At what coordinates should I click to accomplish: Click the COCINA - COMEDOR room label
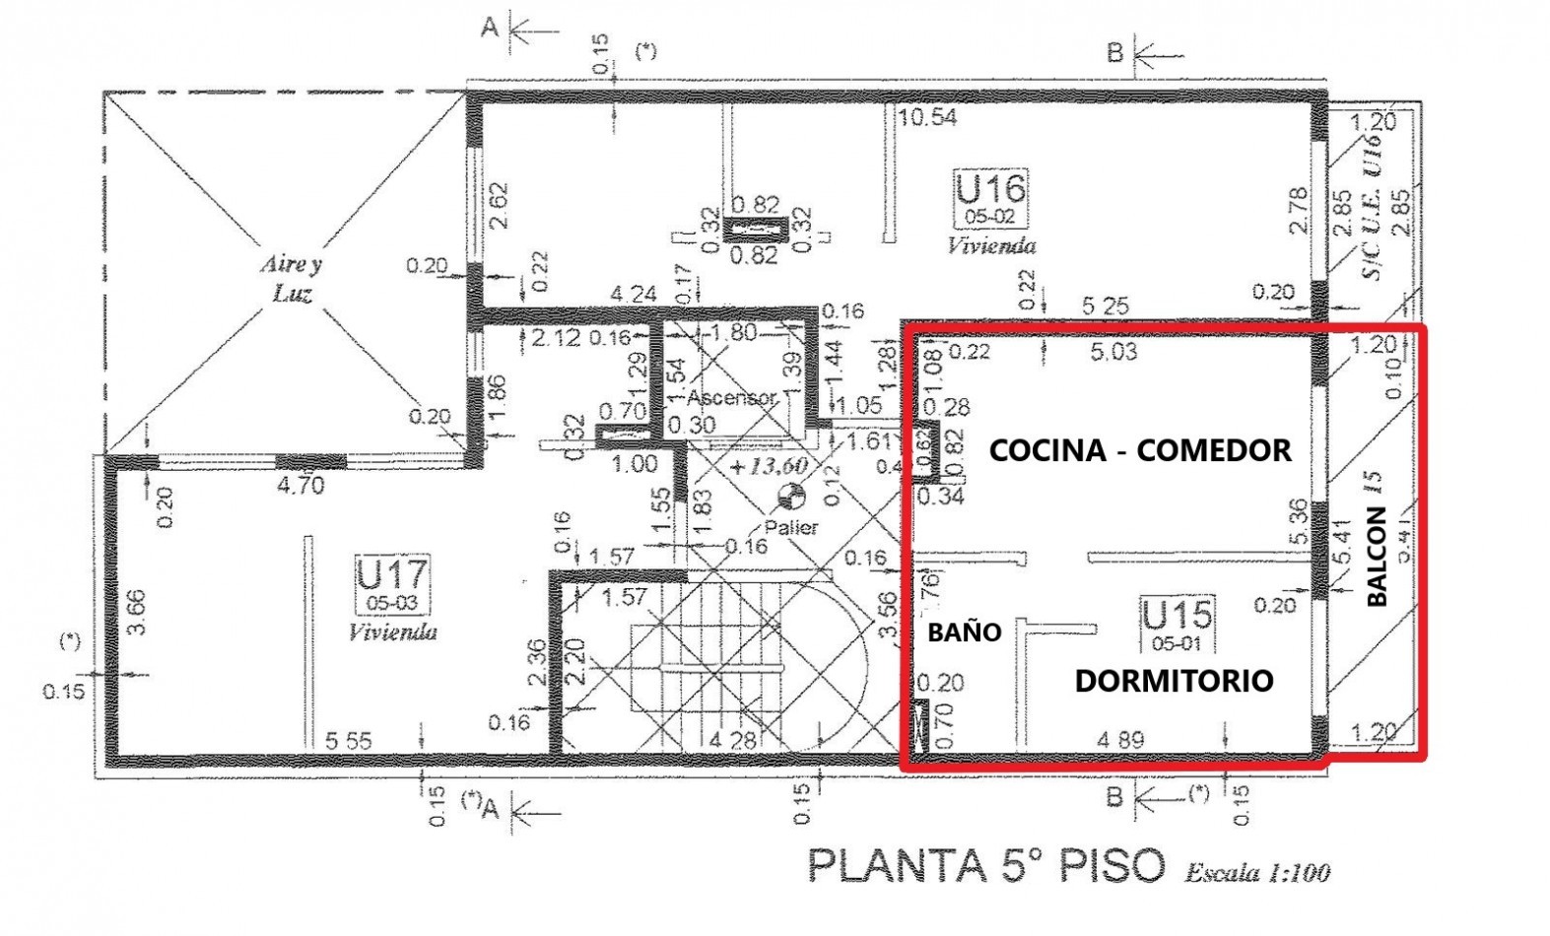point(1140,450)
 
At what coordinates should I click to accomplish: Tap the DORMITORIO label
point(1174,680)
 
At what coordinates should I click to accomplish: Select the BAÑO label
point(964,633)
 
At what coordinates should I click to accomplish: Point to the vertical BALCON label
point(1377,556)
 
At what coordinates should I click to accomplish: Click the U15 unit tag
point(1178,616)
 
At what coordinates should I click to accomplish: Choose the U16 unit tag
point(990,188)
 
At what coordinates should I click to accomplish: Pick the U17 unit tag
point(391,574)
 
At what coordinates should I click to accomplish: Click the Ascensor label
point(731,398)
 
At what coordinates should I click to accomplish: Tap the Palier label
point(791,528)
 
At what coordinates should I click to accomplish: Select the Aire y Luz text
point(291,279)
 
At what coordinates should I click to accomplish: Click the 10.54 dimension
point(926,117)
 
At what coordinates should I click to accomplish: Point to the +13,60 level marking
point(769,466)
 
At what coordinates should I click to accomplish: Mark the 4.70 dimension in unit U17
point(300,485)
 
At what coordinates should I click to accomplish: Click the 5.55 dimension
point(347,740)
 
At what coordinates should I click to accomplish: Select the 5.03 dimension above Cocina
point(1113,352)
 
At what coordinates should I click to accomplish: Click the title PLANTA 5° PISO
point(985,865)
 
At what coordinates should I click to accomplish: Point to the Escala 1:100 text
point(1257,872)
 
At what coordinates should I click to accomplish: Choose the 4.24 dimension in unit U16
point(633,294)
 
